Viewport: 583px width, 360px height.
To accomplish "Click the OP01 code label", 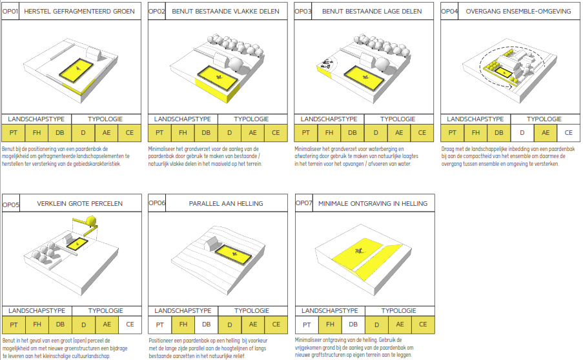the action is pos(10,12).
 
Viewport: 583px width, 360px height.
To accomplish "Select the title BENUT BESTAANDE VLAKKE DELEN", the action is pos(225,12).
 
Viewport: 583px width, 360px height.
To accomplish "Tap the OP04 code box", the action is pos(449,11).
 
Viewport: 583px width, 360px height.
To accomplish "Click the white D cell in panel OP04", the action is pos(522,133).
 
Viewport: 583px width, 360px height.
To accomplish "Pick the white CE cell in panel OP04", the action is pos(569,133).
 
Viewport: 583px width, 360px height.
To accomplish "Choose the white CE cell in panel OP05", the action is pos(130,325).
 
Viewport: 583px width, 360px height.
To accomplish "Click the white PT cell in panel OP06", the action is pos(160,325).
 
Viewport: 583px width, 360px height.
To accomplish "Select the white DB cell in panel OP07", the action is pos(353,325).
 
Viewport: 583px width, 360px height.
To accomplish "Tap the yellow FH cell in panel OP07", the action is pos(330,325).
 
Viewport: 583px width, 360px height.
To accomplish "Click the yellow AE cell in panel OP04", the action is pos(546,133).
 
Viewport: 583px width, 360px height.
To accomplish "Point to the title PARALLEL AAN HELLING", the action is pos(226,204).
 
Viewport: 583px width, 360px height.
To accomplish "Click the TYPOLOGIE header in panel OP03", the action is pos(398,119).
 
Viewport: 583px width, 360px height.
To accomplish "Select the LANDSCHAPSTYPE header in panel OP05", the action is pos(37,311).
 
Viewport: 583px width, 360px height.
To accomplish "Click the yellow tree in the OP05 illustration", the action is pos(91,220).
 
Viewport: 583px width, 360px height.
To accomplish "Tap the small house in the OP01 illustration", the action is pos(94,53).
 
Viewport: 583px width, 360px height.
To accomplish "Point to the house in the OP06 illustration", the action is pos(212,244).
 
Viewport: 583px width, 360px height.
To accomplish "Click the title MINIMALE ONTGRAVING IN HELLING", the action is pos(373,204).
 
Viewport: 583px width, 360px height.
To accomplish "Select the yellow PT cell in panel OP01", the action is pos(14,133).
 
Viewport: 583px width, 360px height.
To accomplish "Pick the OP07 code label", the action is pos(304,203).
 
